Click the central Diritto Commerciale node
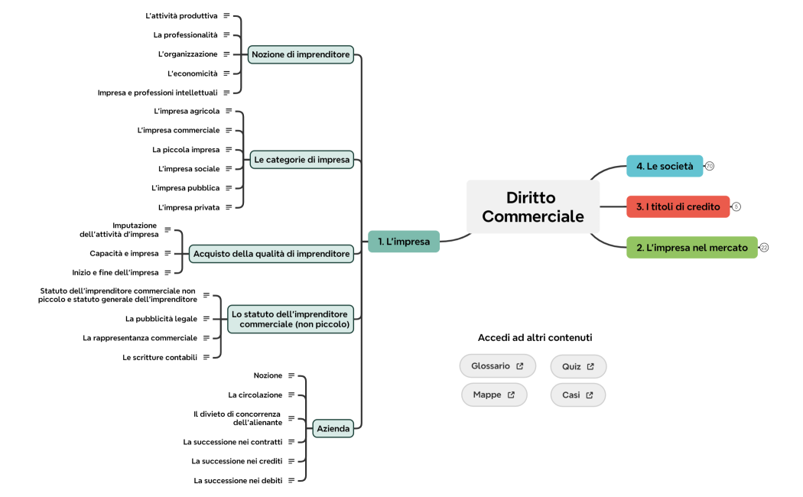pos(533,207)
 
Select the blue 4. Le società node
pos(664,166)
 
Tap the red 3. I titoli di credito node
pos(678,206)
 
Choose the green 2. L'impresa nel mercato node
pos(691,248)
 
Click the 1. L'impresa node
pos(404,242)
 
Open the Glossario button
pos(497,366)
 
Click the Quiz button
pos(578,366)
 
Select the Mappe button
pos(494,395)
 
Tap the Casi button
pos(578,395)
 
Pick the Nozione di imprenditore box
pos(301,54)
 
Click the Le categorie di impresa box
pos(302,160)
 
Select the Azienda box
pos(333,429)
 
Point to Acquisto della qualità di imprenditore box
pos(271,253)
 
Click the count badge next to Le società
pos(710,166)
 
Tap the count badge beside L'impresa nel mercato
pos(764,248)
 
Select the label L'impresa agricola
pos(187,111)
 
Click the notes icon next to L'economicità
pos(226,73)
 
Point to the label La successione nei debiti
pos(239,480)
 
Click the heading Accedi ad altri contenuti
pos(535,338)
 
